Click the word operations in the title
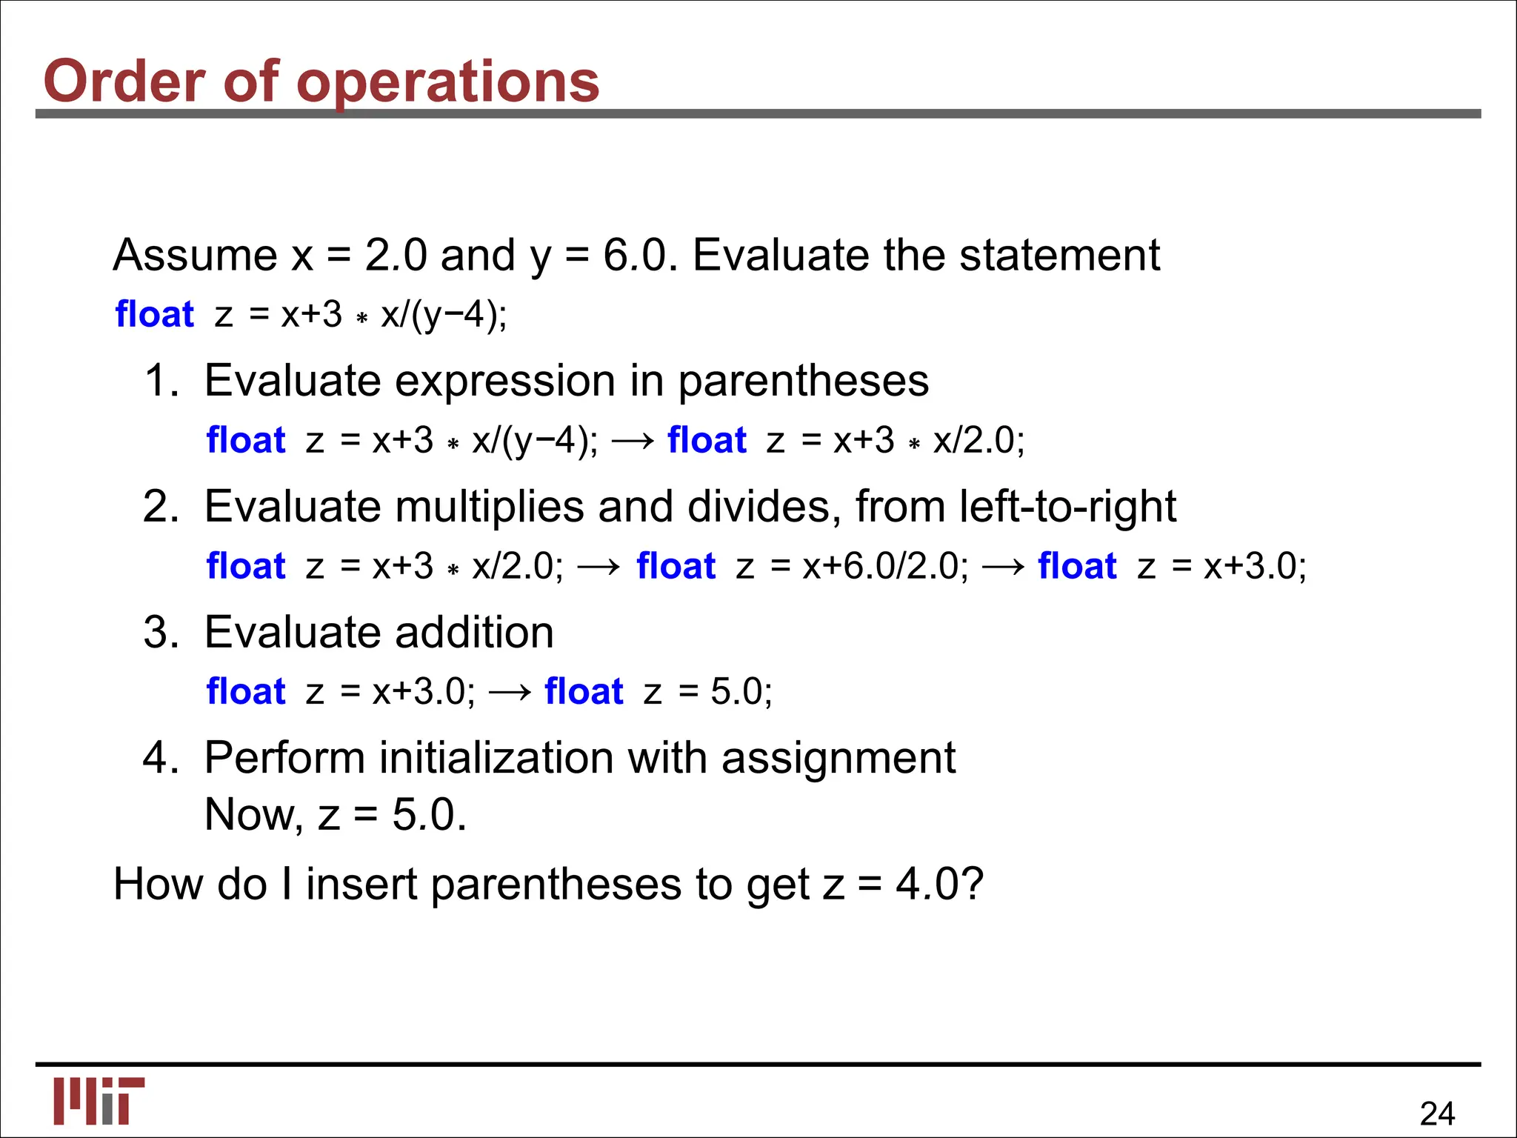pos(448,81)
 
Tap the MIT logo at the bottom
pos(99,1100)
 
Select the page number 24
pos(1437,1114)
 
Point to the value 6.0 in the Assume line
pos(636,256)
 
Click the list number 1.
pos(161,381)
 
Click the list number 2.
pos(161,507)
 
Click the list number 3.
pos(161,633)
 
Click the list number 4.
pos(161,759)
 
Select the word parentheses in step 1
pos(803,382)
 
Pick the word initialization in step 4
pos(497,759)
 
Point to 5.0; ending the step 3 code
pos(741,692)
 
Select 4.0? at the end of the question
pos(939,885)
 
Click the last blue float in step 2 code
pos(1077,567)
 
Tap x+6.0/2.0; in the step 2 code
pos(885,567)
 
